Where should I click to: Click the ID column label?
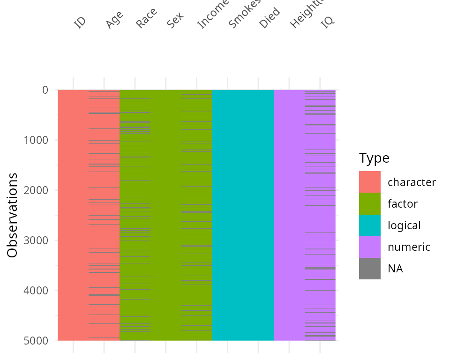[x=80, y=22]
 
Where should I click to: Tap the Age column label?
[x=114, y=20]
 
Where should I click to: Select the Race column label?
[x=146, y=18]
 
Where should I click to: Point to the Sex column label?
[x=175, y=20]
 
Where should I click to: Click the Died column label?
[x=270, y=18]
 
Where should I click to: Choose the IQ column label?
[x=328, y=22]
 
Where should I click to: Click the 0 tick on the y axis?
[x=45, y=90]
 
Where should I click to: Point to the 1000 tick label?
[x=36, y=140]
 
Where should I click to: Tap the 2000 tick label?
[x=36, y=190]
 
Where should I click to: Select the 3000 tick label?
[x=36, y=240]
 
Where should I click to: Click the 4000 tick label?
[x=36, y=291]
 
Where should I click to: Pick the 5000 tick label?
[x=36, y=341]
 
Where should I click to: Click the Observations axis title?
[x=13, y=215]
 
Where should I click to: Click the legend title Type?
[x=374, y=158]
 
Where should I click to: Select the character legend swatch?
[x=370, y=182]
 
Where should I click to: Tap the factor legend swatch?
[x=370, y=203]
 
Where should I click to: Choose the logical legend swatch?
[x=370, y=225]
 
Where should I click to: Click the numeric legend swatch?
[x=370, y=247]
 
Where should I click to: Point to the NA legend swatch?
[x=370, y=268]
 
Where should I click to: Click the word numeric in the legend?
[x=409, y=247]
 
